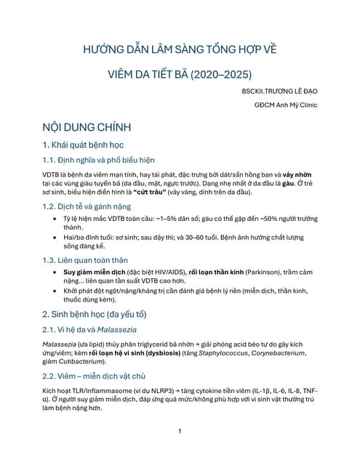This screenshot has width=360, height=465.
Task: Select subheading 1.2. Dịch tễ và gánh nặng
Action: [x=92, y=208]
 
